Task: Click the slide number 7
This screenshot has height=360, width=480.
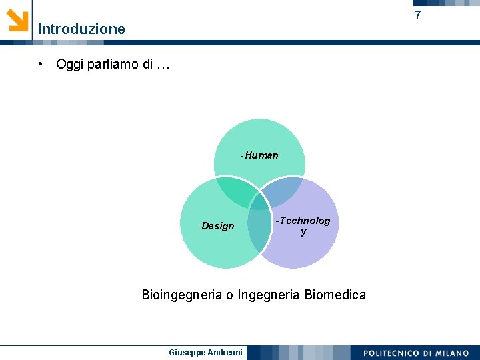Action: pyautogui.click(x=418, y=15)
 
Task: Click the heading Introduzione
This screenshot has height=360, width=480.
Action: pyautogui.click(x=81, y=29)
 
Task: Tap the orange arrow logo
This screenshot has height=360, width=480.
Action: pyautogui.click(x=17, y=20)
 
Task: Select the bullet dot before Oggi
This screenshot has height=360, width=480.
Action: pyautogui.click(x=41, y=65)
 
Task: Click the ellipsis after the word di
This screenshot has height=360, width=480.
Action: pyautogui.click(x=163, y=65)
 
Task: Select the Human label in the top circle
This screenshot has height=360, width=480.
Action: pyautogui.click(x=261, y=155)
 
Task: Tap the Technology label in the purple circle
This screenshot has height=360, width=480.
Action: pyautogui.click(x=303, y=226)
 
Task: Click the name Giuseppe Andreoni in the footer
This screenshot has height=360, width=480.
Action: pyautogui.click(x=206, y=352)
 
